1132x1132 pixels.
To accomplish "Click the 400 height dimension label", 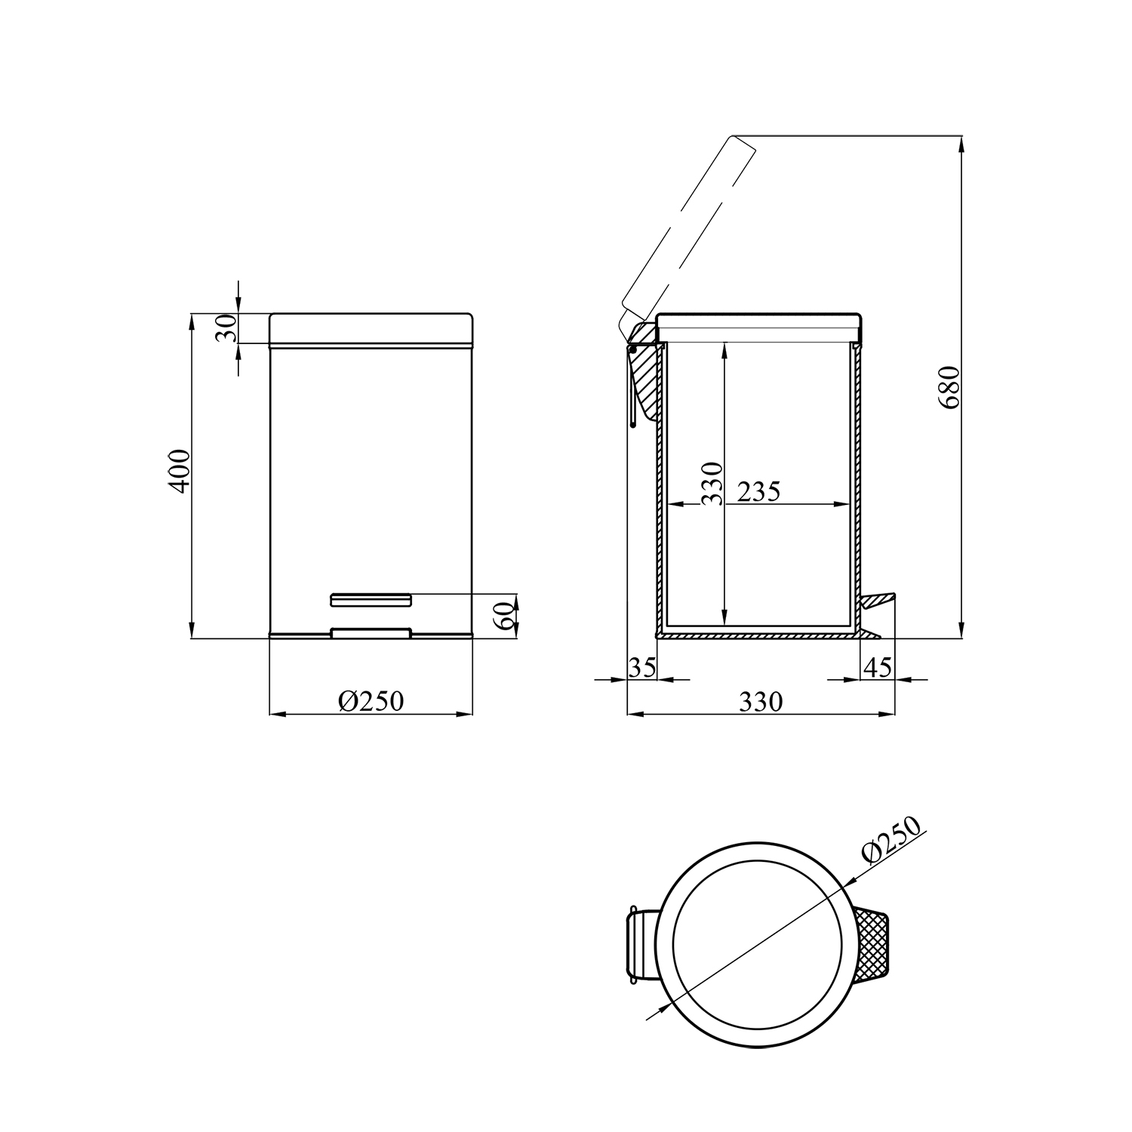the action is point(180,472).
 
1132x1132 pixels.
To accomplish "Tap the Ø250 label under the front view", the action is point(371,701).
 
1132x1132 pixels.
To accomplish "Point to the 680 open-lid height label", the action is point(949,387).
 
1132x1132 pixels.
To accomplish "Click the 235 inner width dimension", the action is point(758,492).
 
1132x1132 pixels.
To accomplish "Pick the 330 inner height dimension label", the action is point(712,483).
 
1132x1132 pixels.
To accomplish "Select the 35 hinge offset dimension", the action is point(642,667).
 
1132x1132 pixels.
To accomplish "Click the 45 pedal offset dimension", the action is point(877,667).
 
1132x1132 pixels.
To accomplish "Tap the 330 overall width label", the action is point(761,702).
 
